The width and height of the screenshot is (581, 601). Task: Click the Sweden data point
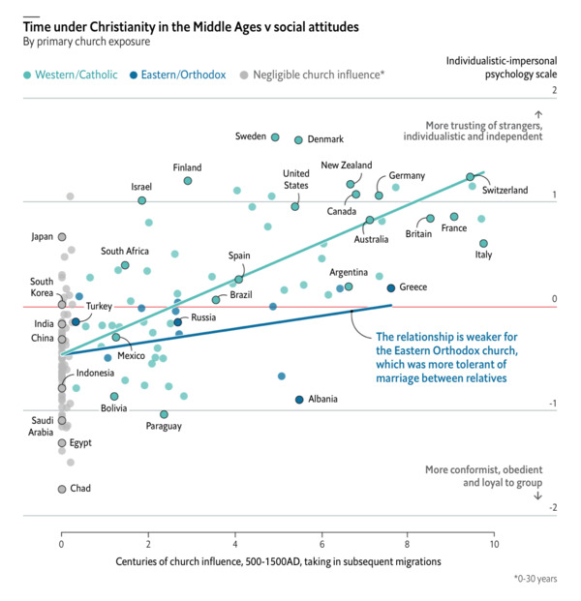pos(275,137)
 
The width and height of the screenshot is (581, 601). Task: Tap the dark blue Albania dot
pos(299,400)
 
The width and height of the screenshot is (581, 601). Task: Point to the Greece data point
pos(390,287)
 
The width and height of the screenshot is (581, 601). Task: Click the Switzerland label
pos(505,191)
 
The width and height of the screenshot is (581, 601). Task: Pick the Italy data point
pos(483,244)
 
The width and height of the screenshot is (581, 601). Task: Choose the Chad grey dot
pos(62,489)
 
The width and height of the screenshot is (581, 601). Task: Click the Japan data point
pos(62,236)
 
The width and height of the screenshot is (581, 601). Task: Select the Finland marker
pos(188,181)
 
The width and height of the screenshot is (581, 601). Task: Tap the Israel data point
pos(142,200)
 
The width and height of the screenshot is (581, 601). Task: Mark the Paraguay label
pos(164,427)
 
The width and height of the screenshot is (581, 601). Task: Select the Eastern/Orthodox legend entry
pos(183,74)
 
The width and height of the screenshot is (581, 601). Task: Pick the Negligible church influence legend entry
pos(312,74)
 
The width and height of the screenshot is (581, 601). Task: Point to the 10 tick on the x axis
pos(494,545)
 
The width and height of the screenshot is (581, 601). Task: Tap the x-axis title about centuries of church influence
pos(278,561)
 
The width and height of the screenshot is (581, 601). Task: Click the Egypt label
pos(80,443)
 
